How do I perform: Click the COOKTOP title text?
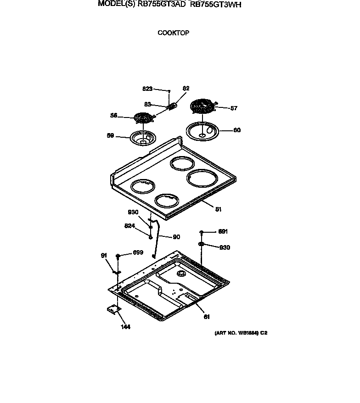(173, 33)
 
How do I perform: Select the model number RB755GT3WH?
(215, 5)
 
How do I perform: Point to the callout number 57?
(234, 108)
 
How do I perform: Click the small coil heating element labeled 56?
(143, 118)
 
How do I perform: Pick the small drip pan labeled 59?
(144, 138)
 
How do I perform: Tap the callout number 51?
(218, 209)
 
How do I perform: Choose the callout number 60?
(236, 130)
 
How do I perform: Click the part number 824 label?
(130, 226)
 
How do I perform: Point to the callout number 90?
(176, 237)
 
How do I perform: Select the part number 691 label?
(223, 232)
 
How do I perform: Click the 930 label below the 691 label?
(225, 248)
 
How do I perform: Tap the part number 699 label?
(138, 252)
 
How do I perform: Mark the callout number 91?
(104, 256)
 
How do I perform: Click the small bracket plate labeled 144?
(112, 310)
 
